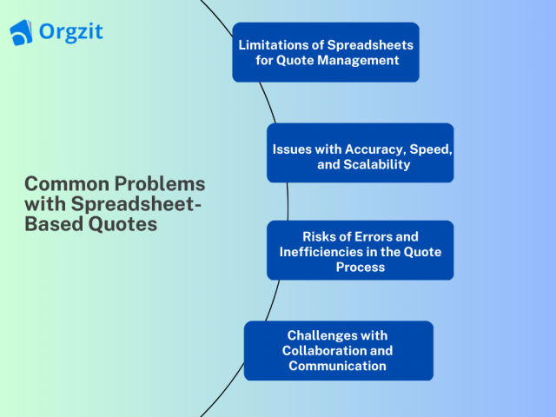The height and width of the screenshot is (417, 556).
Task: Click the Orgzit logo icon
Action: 22,33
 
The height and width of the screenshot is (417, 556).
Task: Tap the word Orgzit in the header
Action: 71,32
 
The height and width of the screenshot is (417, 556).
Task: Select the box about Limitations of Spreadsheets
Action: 326,52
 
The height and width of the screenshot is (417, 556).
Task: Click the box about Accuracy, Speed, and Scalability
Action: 360,153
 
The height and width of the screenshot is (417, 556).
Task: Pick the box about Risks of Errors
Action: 360,250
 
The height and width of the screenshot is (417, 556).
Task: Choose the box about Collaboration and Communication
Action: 338,350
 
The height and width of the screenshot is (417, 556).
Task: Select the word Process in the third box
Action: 360,267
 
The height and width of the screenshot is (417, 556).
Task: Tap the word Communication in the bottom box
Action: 337,366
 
